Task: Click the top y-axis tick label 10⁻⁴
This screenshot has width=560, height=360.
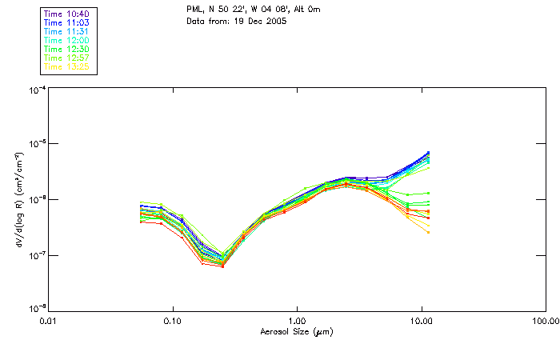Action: (x=35, y=90)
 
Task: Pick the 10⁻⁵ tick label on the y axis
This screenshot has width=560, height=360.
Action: (x=35, y=144)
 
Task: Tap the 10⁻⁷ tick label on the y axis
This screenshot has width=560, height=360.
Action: (x=35, y=256)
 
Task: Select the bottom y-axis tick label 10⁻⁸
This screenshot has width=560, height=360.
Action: (x=35, y=309)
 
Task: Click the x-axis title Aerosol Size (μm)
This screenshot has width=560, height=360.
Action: (x=295, y=332)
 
